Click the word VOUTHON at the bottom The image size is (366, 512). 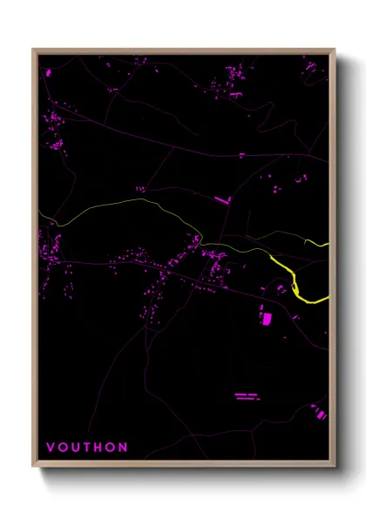coord(88,448)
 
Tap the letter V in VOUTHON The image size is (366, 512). coord(50,448)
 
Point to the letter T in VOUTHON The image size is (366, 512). coord(88,448)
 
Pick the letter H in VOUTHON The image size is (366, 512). coord(100,448)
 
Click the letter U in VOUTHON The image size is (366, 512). coord(76,448)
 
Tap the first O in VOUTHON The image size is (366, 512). coord(62,448)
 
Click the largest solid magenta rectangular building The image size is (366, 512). coord(267,319)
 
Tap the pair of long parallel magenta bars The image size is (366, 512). coord(247,398)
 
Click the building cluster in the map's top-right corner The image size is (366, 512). coord(312,68)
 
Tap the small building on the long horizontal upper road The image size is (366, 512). coord(241,155)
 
